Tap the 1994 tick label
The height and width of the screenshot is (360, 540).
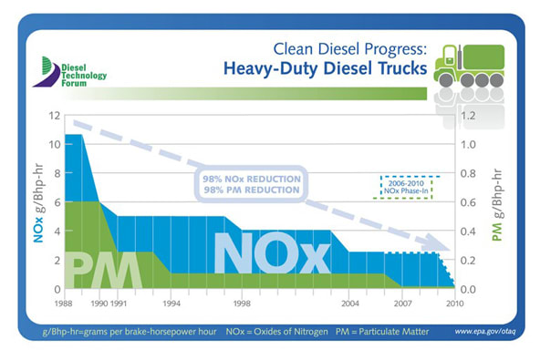click(171, 302)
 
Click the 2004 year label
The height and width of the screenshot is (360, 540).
click(348, 302)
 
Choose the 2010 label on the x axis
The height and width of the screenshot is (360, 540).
click(452, 302)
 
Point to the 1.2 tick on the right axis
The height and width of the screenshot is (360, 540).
click(467, 116)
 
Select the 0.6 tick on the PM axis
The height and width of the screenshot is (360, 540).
click(467, 202)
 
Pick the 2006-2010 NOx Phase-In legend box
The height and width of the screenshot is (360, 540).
click(407, 186)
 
